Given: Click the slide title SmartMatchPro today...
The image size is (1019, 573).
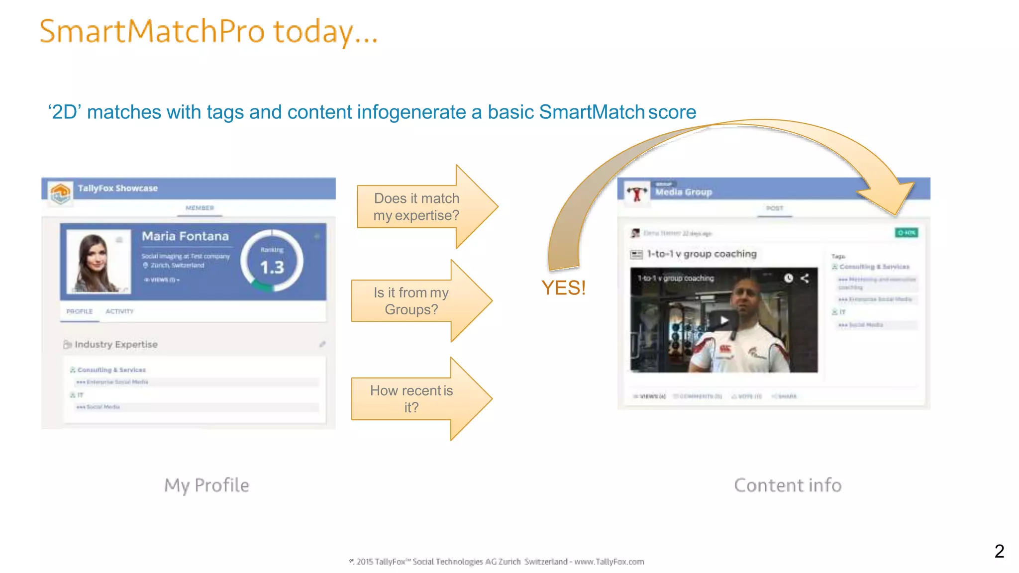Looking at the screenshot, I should (x=209, y=32).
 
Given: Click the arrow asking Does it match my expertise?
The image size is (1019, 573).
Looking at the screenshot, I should (x=417, y=207).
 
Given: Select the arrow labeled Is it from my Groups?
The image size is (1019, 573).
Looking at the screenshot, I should (x=411, y=301).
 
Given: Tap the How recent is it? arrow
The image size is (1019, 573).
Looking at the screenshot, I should (x=411, y=399).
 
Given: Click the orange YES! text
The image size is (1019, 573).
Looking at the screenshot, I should (x=563, y=288).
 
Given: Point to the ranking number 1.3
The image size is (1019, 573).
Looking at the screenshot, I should (x=272, y=268).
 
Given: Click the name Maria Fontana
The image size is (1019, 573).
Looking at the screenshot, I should (x=185, y=236).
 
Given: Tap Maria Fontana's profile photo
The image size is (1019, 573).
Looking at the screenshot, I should (x=99, y=261).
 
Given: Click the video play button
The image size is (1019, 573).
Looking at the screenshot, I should (x=724, y=320).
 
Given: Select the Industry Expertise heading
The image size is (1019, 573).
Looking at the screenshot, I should (x=116, y=344).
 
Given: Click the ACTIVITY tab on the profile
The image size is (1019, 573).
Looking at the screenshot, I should (x=119, y=311).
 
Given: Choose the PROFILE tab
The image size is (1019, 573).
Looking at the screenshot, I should (x=80, y=311).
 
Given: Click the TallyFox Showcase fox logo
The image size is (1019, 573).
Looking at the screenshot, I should (x=60, y=192).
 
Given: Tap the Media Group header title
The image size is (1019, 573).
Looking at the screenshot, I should (x=683, y=192).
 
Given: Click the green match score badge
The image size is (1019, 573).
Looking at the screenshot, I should (x=906, y=233).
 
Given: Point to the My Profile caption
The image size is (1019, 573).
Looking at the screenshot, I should (x=207, y=485).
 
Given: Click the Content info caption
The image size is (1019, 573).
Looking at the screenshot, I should (x=788, y=485).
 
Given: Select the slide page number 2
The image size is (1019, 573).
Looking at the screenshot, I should (x=999, y=551).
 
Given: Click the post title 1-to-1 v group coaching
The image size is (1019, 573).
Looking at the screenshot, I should (x=702, y=254).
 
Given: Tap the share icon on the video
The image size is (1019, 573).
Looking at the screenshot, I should (x=805, y=278).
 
